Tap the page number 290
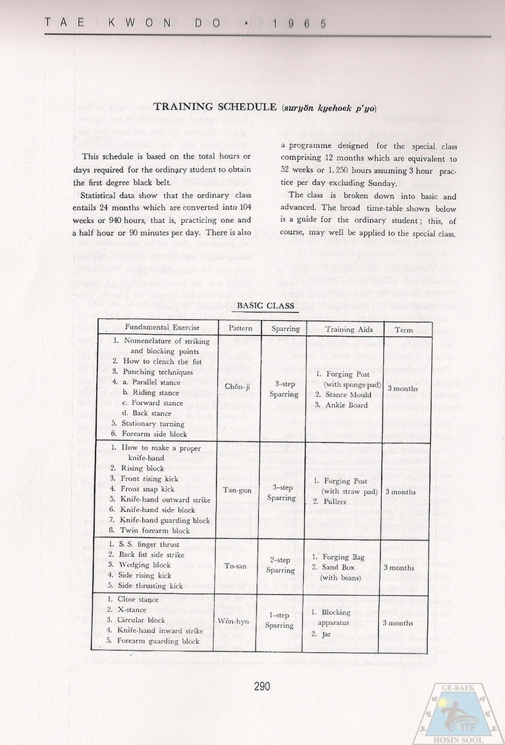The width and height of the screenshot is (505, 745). [262, 686]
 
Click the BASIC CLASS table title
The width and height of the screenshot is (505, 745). [265, 305]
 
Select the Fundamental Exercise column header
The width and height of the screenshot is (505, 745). [157, 328]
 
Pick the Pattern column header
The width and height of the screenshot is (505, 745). [236, 329]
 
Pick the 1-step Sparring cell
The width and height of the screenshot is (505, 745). [280, 620]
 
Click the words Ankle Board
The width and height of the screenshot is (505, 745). [341, 405]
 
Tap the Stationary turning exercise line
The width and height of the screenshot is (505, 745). [148, 423]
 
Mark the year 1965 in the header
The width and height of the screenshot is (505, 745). [299, 22]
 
